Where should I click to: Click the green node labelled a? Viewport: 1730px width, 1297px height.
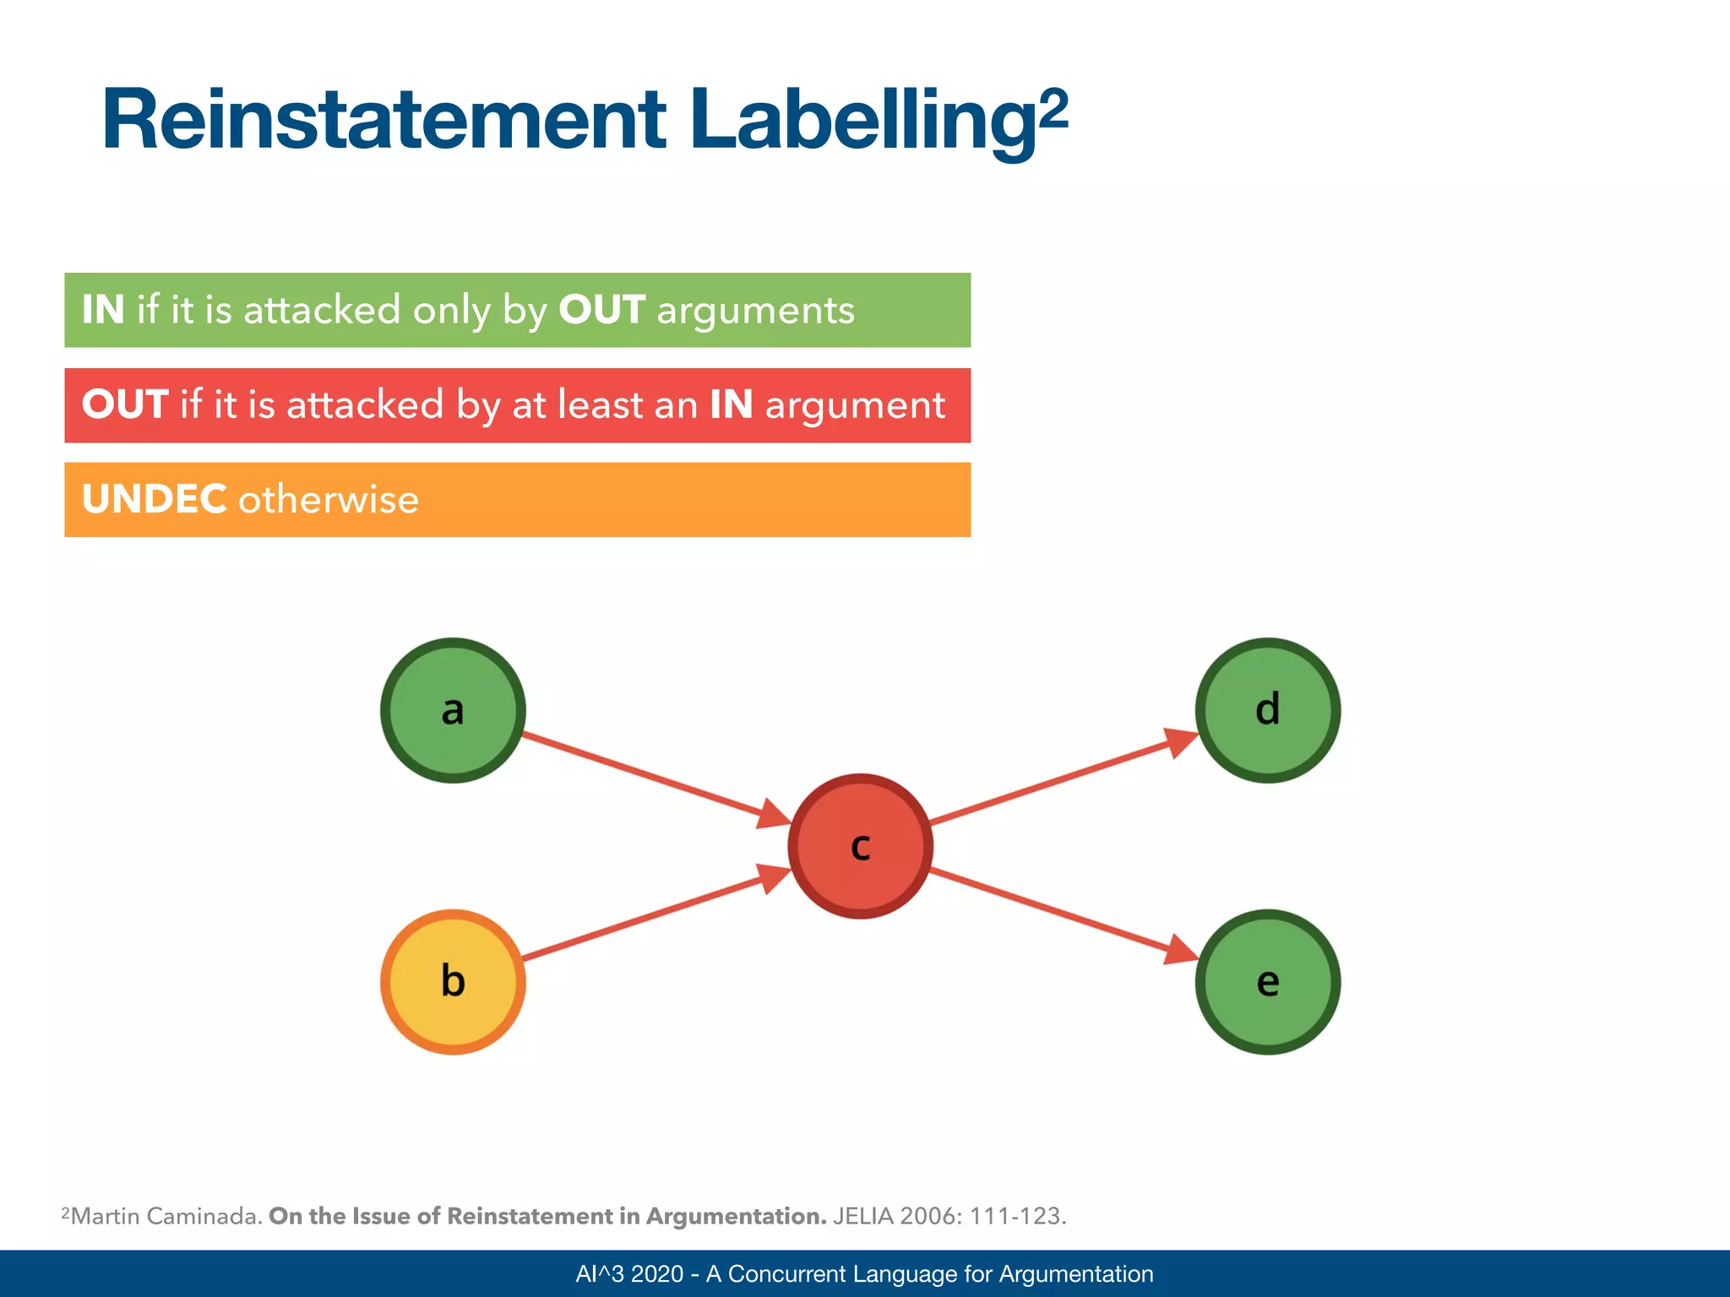453,710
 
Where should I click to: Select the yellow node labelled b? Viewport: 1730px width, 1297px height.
453,981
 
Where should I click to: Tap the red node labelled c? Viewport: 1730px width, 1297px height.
860,846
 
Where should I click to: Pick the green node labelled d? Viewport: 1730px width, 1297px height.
1267,710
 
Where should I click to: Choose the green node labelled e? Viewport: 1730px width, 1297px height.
1267,981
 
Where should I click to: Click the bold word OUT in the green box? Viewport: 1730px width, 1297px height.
601,310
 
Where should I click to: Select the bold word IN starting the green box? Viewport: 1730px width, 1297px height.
103,310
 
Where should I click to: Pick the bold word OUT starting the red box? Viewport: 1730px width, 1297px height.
125,404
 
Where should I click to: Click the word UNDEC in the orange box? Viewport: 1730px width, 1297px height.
154,499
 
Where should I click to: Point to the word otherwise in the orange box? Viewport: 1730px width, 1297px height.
329,499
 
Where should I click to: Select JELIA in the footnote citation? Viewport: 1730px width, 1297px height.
862,1216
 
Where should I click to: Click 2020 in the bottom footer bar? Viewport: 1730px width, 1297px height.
656,1273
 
